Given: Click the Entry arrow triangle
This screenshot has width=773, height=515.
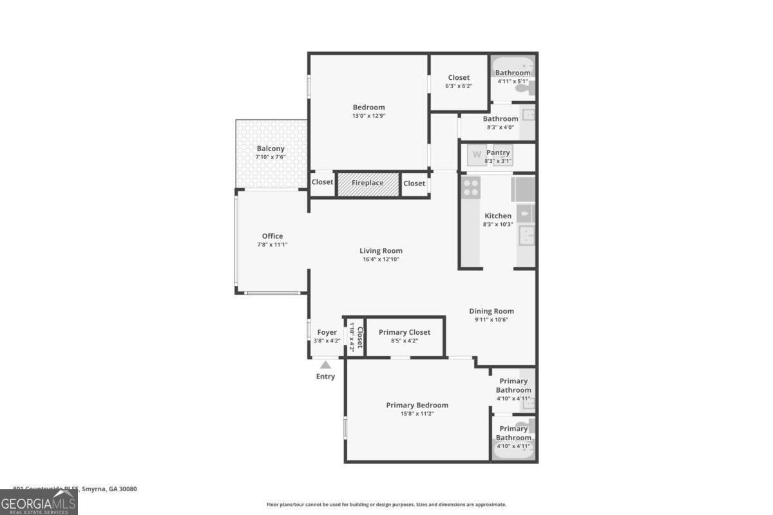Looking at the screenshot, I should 326,365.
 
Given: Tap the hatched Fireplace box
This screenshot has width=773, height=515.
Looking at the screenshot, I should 368,183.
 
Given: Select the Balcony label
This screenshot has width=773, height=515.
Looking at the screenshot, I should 271,149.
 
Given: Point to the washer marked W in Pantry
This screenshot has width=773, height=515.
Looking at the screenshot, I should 477,154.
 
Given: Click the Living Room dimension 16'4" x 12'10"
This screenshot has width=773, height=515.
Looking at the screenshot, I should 381,259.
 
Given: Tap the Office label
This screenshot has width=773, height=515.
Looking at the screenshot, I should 272,236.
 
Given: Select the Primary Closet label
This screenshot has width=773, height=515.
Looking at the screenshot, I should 405,332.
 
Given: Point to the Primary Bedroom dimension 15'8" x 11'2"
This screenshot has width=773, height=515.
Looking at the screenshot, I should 417,413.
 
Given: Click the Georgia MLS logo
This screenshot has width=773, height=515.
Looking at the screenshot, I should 39,502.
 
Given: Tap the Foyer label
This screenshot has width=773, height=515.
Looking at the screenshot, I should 327,332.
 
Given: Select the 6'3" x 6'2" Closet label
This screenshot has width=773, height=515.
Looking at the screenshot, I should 459,78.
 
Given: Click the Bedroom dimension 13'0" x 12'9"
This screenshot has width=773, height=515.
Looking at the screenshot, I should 368,116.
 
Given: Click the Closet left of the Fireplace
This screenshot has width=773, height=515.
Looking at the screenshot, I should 323,183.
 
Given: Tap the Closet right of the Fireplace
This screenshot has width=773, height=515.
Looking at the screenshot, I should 414,183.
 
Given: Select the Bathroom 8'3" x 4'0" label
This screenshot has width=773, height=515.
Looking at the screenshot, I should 501,119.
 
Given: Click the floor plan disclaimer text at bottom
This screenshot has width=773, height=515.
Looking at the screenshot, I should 386,505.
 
